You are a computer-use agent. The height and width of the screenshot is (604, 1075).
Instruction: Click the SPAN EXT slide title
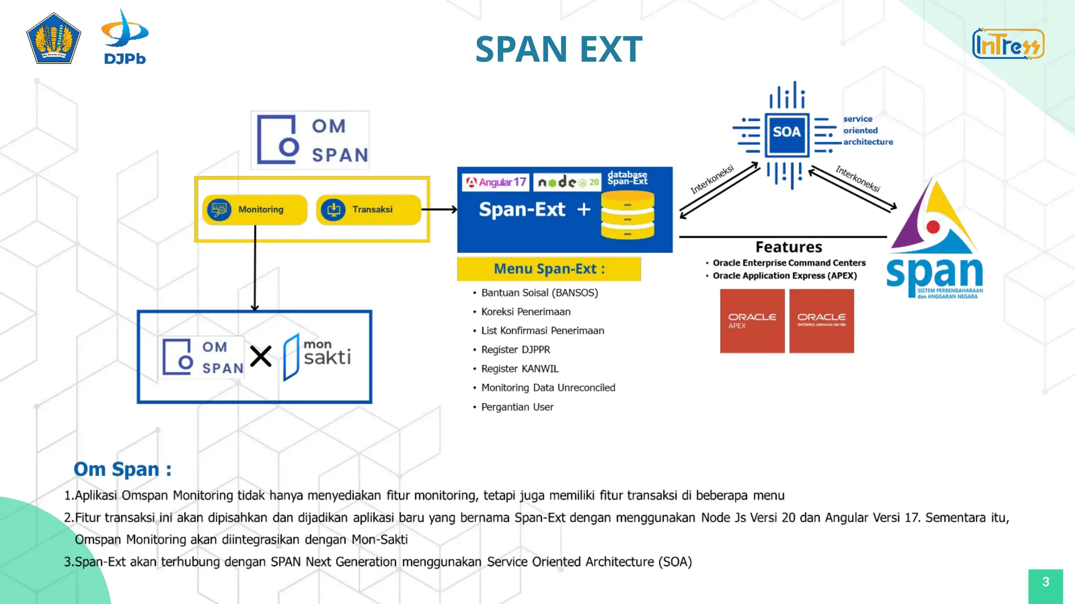(x=558, y=49)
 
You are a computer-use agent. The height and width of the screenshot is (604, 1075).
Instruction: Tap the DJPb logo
(x=125, y=37)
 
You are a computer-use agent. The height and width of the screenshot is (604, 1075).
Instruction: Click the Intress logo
(x=1008, y=44)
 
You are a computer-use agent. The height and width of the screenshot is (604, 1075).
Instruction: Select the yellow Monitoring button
(x=255, y=210)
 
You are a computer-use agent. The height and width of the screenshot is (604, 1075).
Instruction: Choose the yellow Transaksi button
(x=368, y=210)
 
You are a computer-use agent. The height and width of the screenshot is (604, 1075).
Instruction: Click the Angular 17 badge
(x=496, y=182)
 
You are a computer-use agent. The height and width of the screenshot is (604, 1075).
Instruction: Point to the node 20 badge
(x=567, y=182)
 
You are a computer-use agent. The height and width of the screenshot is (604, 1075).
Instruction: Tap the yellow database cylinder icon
(x=628, y=215)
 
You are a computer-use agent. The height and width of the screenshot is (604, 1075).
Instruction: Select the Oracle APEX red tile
(x=752, y=321)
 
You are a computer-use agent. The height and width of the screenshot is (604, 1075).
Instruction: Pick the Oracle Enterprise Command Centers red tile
(x=821, y=321)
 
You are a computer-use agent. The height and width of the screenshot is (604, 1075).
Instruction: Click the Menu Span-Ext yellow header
(x=549, y=269)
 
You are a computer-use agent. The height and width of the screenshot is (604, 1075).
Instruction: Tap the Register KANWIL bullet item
(x=520, y=369)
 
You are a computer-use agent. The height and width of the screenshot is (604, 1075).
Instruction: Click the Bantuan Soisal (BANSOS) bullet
(x=539, y=293)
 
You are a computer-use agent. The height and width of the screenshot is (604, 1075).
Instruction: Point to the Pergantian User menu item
(x=517, y=407)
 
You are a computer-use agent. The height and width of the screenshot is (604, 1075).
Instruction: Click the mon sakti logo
(x=317, y=357)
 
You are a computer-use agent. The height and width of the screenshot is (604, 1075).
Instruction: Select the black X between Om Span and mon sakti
(x=260, y=357)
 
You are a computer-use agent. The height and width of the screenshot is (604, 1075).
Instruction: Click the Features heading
(x=788, y=247)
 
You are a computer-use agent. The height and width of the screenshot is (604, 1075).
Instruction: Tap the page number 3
(x=1045, y=582)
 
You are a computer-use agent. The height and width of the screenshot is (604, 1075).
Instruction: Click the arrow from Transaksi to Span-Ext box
(x=440, y=210)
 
